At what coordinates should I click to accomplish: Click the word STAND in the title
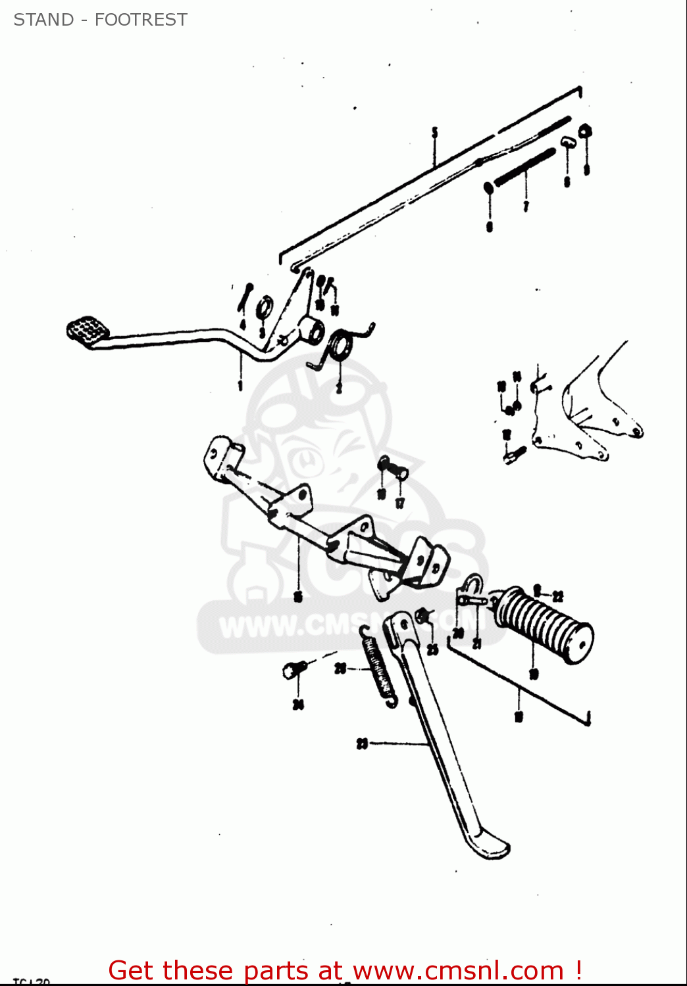point(43,20)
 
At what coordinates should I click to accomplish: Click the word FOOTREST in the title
point(141,20)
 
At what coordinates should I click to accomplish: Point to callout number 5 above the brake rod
point(434,133)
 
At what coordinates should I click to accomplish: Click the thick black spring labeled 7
point(524,168)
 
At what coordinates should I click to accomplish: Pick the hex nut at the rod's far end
point(584,131)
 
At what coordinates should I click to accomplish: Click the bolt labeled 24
point(293,669)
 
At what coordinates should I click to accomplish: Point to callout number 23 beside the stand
point(362,744)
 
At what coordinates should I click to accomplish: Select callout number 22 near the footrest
point(558,596)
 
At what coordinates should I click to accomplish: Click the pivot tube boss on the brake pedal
point(311,330)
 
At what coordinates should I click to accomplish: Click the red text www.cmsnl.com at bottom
point(459,970)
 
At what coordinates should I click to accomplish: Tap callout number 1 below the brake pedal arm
point(240,385)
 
